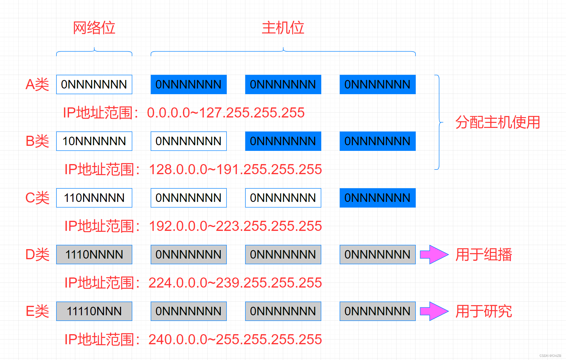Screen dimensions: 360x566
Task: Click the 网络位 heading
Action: point(94,28)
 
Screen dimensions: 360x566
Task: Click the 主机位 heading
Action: point(283,28)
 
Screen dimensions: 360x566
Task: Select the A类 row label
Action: point(37,84)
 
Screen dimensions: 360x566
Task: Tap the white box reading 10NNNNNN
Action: point(94,141)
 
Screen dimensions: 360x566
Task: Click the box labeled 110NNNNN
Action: point(94,198)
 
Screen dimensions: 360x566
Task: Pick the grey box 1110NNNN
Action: point(94,254)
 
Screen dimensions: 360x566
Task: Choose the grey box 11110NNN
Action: point(94,311)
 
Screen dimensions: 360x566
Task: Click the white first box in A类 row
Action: point(94,84)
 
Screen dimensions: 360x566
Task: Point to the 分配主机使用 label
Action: point(498,122)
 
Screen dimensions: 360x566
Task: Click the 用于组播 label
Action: point(484,254)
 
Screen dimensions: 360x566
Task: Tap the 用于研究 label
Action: point(484,311)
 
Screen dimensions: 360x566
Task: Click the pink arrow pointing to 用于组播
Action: point(434,254)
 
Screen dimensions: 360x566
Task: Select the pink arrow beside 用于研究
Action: point(434,311)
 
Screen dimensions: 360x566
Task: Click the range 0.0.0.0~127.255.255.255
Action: point(226,113)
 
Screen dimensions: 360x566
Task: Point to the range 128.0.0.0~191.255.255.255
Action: point(235,169)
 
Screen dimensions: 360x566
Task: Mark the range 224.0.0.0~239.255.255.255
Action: point(235,283)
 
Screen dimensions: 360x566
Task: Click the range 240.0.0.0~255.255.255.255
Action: point(235,340)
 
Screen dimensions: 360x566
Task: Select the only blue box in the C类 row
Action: point(377,198)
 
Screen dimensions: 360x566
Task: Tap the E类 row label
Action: point(37,311)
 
